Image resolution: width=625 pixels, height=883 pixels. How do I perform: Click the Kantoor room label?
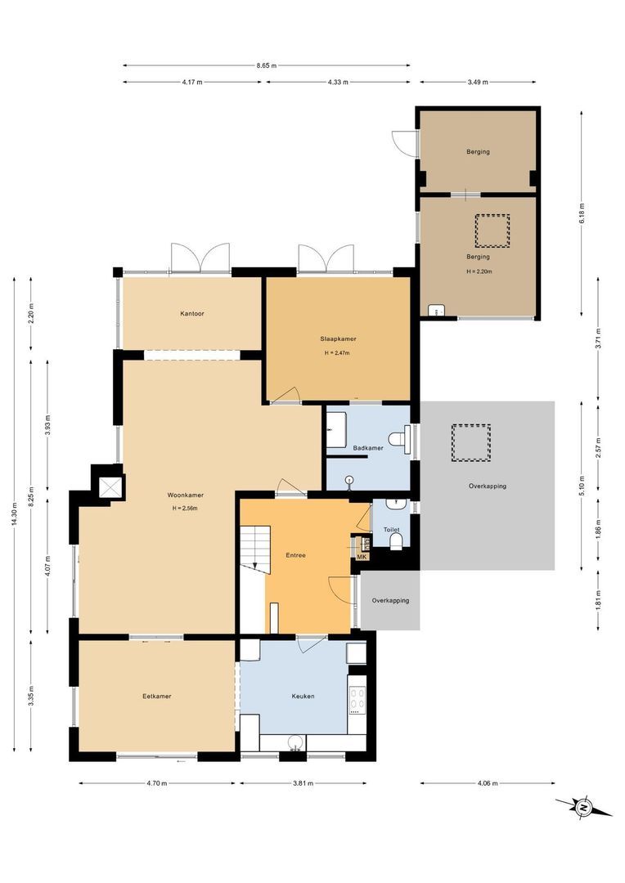(x=192, y=313)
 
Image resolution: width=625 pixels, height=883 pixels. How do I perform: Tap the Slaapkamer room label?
(x=337, y=338)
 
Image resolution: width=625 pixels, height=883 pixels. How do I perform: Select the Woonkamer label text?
(x=185, y=495)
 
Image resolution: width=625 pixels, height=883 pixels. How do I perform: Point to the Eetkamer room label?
(x=156, y=696)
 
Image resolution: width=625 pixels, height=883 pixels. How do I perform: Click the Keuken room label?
(x=303, y=696)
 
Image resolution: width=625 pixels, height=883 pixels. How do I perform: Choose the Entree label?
(x=295, y=555)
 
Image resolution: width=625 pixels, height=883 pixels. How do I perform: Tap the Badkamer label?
(x=368, y=448)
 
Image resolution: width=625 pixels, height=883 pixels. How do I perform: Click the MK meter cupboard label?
(x=362, y=557)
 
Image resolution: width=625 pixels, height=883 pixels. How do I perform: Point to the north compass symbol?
(x=584, y=807)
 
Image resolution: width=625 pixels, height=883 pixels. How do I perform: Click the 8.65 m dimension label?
(x=267, y=65)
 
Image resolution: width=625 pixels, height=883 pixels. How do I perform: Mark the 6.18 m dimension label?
(x=582, y=211)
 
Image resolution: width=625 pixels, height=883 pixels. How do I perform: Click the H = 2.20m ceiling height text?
(x=479, y=271)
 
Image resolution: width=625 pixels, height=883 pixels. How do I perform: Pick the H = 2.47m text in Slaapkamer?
(x=337, y=353)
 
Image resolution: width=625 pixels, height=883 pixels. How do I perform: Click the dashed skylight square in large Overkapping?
(x=470, y=442)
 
